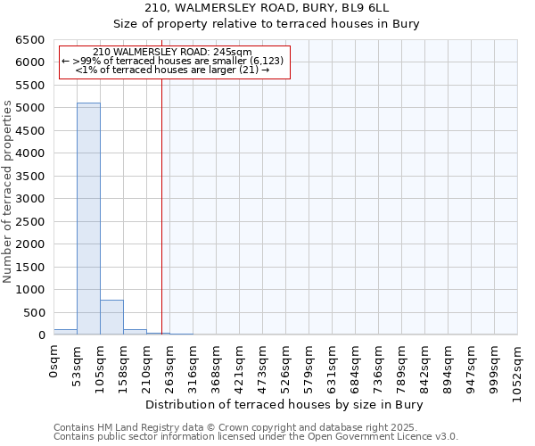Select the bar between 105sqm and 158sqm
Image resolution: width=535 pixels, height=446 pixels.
111,318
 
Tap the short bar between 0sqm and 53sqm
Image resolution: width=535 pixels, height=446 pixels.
65,332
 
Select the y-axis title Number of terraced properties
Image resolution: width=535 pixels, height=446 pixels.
8,192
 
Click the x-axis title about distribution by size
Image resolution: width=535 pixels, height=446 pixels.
284,404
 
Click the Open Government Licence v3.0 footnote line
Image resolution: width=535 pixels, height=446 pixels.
256,436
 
